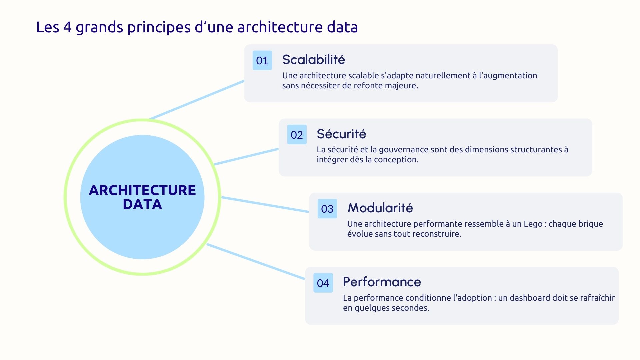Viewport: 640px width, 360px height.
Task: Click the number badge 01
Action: tap(262, 60)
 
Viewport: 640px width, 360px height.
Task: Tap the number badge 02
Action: tap(297, 135)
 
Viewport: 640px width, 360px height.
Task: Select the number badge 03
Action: tap(327, 209)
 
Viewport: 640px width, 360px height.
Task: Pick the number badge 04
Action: tap(323, 283)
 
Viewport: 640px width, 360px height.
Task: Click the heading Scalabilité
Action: tap(313, 60)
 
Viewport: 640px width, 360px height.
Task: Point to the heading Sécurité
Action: tap(341, 134)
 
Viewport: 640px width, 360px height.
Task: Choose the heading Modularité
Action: tap(380, 208)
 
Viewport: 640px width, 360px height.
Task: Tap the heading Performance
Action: tap(382, 282)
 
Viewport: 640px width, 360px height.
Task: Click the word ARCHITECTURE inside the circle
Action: tap(142, 190)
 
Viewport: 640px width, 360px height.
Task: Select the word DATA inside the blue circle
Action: tap(142, 204)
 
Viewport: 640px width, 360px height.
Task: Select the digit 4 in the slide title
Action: tap(67, 27)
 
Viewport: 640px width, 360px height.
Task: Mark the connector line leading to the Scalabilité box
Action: tap(197, 100)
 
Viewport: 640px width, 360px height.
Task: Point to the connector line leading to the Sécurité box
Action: tap(246, 157)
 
